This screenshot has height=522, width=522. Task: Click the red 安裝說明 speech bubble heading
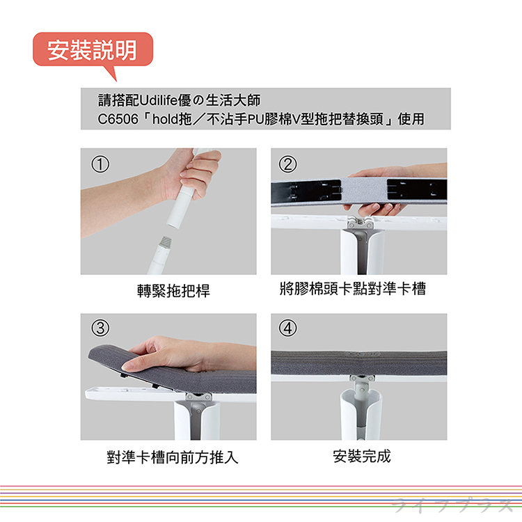click(x=93, y=50)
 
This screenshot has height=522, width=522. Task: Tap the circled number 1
click(x=100, y=165)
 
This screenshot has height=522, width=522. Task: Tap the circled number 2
click(x=287, y=165)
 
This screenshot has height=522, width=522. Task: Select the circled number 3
click(x=100, y=328)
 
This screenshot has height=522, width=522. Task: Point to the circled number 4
click(x=287, y=328)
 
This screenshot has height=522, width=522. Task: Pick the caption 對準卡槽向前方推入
click(x=173, y=457)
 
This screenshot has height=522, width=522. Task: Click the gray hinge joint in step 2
click(x=359, y=226)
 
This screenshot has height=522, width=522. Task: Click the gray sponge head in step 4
click(x=359, y=362)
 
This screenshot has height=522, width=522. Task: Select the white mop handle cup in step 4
click(x=359, y=418)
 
